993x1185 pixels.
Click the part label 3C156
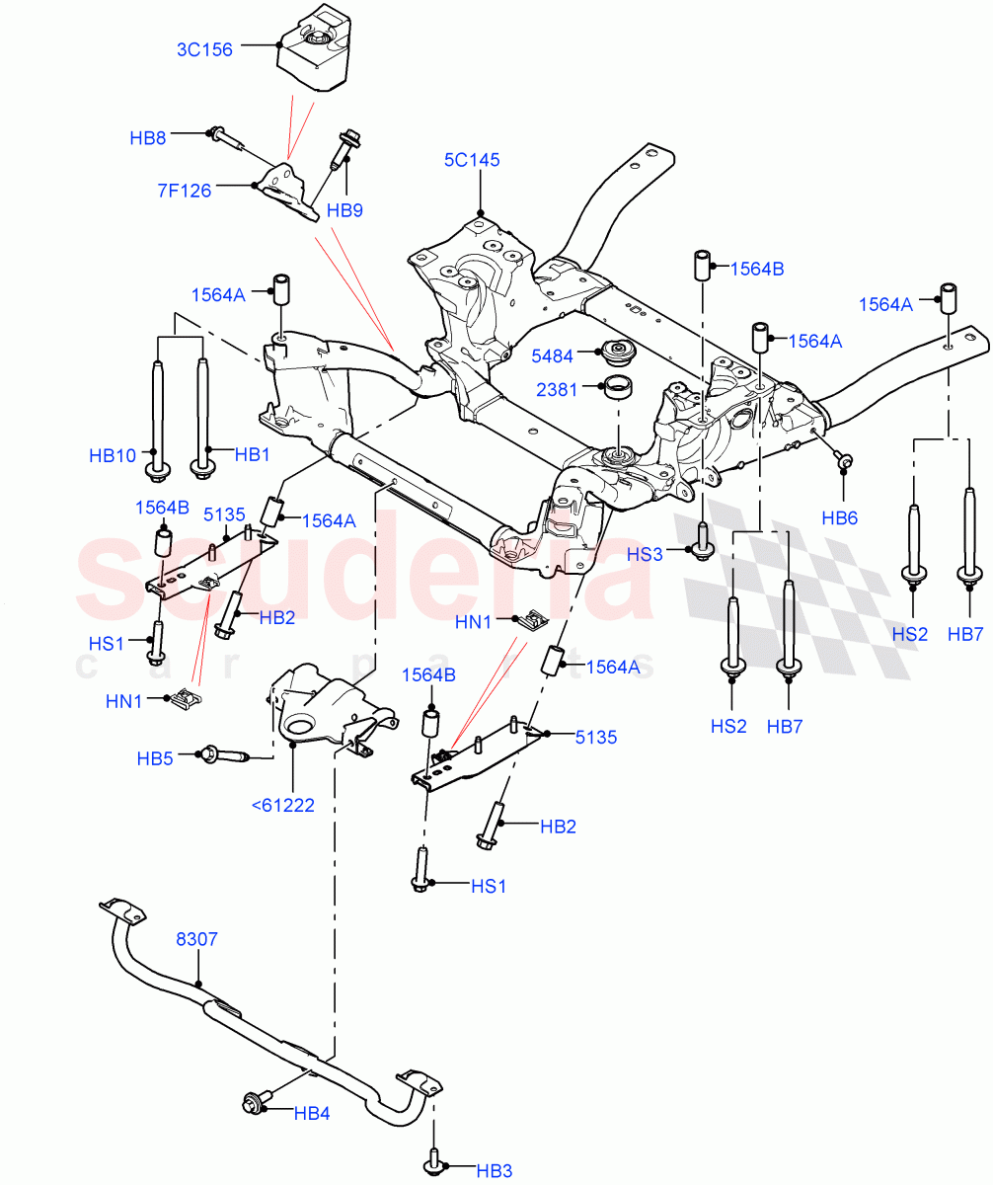click(204, 48)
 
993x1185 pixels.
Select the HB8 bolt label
click(148, 138)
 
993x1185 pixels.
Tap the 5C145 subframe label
click(472, 159)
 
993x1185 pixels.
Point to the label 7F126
click(184, 191)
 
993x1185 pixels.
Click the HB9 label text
click(344, 210)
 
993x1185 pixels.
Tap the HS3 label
click(645, 555)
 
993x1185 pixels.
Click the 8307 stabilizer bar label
click(196, 941)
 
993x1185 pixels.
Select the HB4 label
click(311, 1113)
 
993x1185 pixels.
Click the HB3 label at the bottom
click(494, 1171)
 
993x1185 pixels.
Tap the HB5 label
click(155, 758)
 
